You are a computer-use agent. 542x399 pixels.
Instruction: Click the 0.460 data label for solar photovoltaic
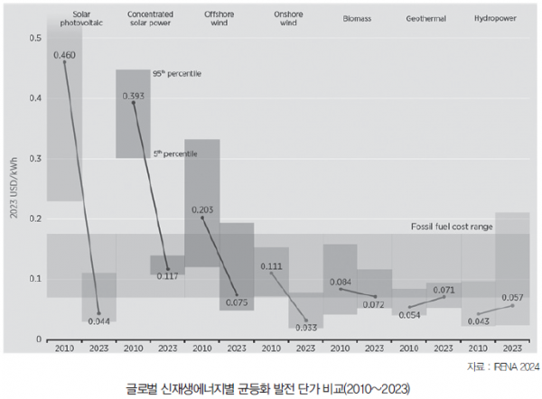[x=64, y=55]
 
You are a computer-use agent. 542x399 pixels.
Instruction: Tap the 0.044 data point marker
[x=98, y=313]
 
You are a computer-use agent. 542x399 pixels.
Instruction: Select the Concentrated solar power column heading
[x=150, y=19]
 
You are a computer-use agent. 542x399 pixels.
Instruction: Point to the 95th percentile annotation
[x=177, y=74]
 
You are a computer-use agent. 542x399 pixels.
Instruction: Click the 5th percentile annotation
[x=175, y=153]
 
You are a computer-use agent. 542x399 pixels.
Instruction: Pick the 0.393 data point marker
[x=134, y=103]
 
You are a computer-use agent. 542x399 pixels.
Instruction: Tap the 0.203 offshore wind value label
[x=202, y=209]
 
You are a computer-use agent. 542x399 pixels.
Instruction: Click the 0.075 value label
[x=237, y=302]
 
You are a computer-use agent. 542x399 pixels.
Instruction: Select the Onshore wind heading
[x=288, y=19]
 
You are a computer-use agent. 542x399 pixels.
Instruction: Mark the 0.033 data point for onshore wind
[x=306, y=320]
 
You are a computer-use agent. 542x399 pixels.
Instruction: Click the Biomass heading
[x=357, y=19]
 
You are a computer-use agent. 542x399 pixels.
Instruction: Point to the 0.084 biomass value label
[x=341, y=283]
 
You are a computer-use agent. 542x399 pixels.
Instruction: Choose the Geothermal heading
[x=425, y=19]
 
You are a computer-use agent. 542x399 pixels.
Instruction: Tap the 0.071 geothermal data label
[x=444, y=290]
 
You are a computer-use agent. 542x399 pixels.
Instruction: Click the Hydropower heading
[x=495, y=18]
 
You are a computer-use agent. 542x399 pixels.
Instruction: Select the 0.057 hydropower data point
[x=512, y=306]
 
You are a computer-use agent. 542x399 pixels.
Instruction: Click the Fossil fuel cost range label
[x=452, y=227]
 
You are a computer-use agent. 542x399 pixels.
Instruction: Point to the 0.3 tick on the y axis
[x=35, y=159]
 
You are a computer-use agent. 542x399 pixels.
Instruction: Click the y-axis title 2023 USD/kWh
[x=14, y=189]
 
